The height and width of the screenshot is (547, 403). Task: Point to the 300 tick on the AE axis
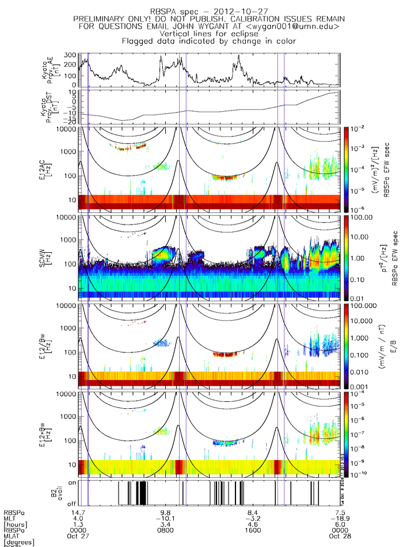pos(71,55)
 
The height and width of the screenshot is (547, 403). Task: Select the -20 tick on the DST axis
pos(71,121)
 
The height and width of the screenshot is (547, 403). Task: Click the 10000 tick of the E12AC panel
pos(67,130)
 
